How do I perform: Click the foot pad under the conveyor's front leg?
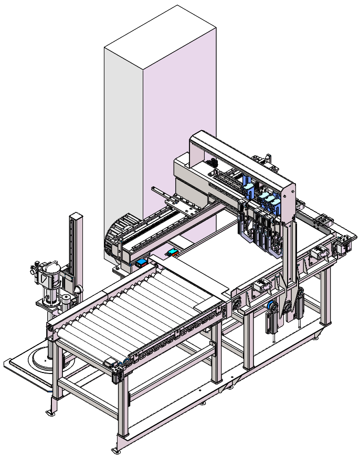(x=117, y=450)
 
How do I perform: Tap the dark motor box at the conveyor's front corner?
(x=110, y=363)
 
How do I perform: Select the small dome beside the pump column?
(x=77, y=290)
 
